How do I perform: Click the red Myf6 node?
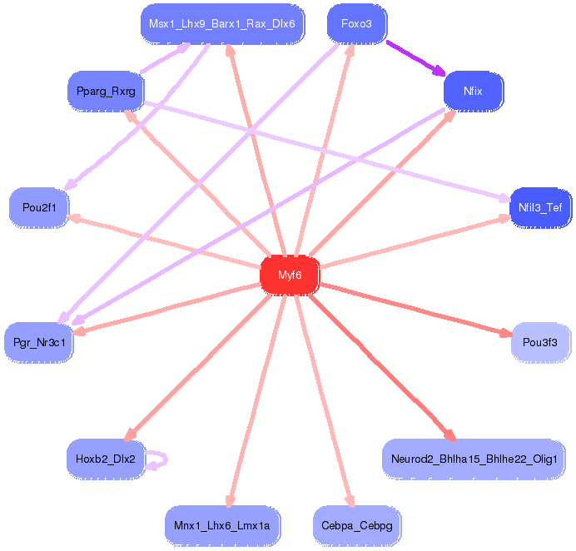tap(290, 275)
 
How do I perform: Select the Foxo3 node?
tap(357, 24)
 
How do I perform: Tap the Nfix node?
tap(473, 91)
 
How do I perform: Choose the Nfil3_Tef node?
tap(540, 207)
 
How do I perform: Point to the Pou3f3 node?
tap(540, 342)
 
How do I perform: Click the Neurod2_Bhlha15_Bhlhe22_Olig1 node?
tap(474, 459)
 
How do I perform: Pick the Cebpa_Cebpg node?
tap(357, 526)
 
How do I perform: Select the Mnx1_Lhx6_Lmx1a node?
tap(222, 526)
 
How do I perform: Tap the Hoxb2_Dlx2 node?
tap(106, 459)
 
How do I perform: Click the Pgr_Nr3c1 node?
tap(39, 342)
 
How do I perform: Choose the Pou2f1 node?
tap(39, 207)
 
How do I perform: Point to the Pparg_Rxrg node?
tap(106, 91)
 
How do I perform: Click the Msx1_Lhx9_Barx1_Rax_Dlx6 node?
tap(222, 24)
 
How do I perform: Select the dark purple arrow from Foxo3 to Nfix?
tap(416, 58)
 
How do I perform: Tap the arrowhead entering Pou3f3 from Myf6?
tap(506, 333)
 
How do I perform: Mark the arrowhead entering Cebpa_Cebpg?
tap(350, 501)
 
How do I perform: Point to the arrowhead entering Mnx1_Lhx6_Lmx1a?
tap(230, 501)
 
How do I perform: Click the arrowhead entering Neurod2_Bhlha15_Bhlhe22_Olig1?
tap(450, 435)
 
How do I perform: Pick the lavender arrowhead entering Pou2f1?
tap(71, 185)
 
